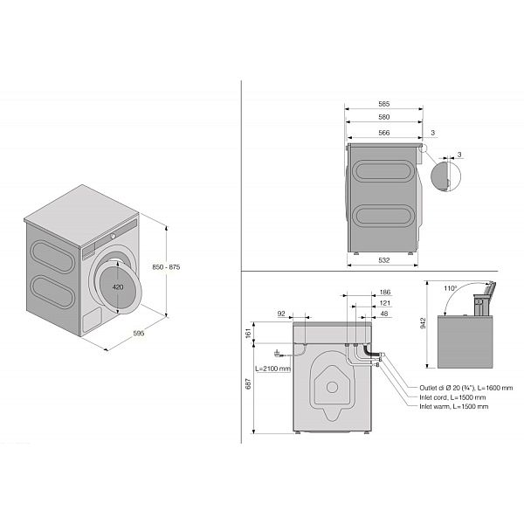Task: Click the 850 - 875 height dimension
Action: [x=166, y=267]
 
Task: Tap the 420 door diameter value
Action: [x=118, y=286]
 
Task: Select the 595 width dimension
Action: [x=139, y=333]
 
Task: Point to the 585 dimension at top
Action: [x=384, y=104]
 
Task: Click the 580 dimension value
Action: [x=384, y=117]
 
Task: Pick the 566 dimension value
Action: [x=384, y=133]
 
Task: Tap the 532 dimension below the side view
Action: [x=384, y=260]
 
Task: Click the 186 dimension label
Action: [x=385, y=292]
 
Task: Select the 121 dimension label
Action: [x=385, y=303]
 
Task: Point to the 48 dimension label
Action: [x=384, y=314]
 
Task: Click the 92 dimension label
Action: [x=281, y=314]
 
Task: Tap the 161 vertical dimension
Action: [x=248, y=334]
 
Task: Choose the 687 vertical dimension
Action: [x=248, y=383]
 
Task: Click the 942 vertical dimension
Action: [x=423, y=323]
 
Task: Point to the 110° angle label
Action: [x=450, y=288]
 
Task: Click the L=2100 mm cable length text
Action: [x=272, y=369]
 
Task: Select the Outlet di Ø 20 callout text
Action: [x=465, y=388]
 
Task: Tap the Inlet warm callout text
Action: [x=454, y=406]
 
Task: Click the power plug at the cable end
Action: [x=278, y=353]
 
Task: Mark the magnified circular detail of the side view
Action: [x=445, y=176]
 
